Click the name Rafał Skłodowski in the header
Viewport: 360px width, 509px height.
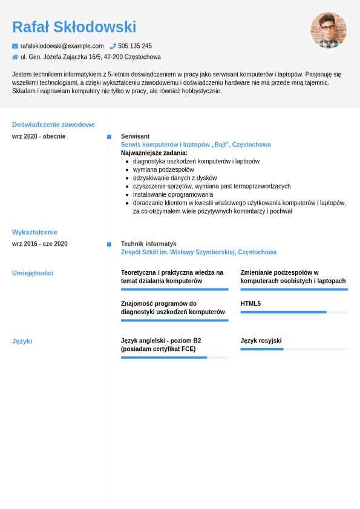point(74,27)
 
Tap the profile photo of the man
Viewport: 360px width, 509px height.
point(329,30)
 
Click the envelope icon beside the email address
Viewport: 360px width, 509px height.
point(15,46)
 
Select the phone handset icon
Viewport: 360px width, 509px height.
point(113,46)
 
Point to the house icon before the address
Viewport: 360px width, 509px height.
point(15,57)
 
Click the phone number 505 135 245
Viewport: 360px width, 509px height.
point(135,46)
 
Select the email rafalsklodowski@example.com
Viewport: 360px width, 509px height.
point(62,46)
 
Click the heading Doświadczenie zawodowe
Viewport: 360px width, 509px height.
point(53,125)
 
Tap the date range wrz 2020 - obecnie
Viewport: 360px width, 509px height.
point(39,136)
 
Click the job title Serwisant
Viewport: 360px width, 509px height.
point(135,136)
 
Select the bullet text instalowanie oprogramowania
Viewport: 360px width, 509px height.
point(173,195)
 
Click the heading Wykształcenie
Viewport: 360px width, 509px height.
point(34,232)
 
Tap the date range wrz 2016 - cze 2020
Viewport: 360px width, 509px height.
point(40,244)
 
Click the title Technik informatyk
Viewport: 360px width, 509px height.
point(149,244)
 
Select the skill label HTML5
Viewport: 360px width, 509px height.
point(250,304)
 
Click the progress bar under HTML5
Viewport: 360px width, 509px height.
point(294,312)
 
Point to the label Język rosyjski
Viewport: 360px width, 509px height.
point(261,341)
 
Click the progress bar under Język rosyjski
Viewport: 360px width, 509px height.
point(294,349)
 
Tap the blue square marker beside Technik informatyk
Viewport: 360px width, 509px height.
point(109,245)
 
